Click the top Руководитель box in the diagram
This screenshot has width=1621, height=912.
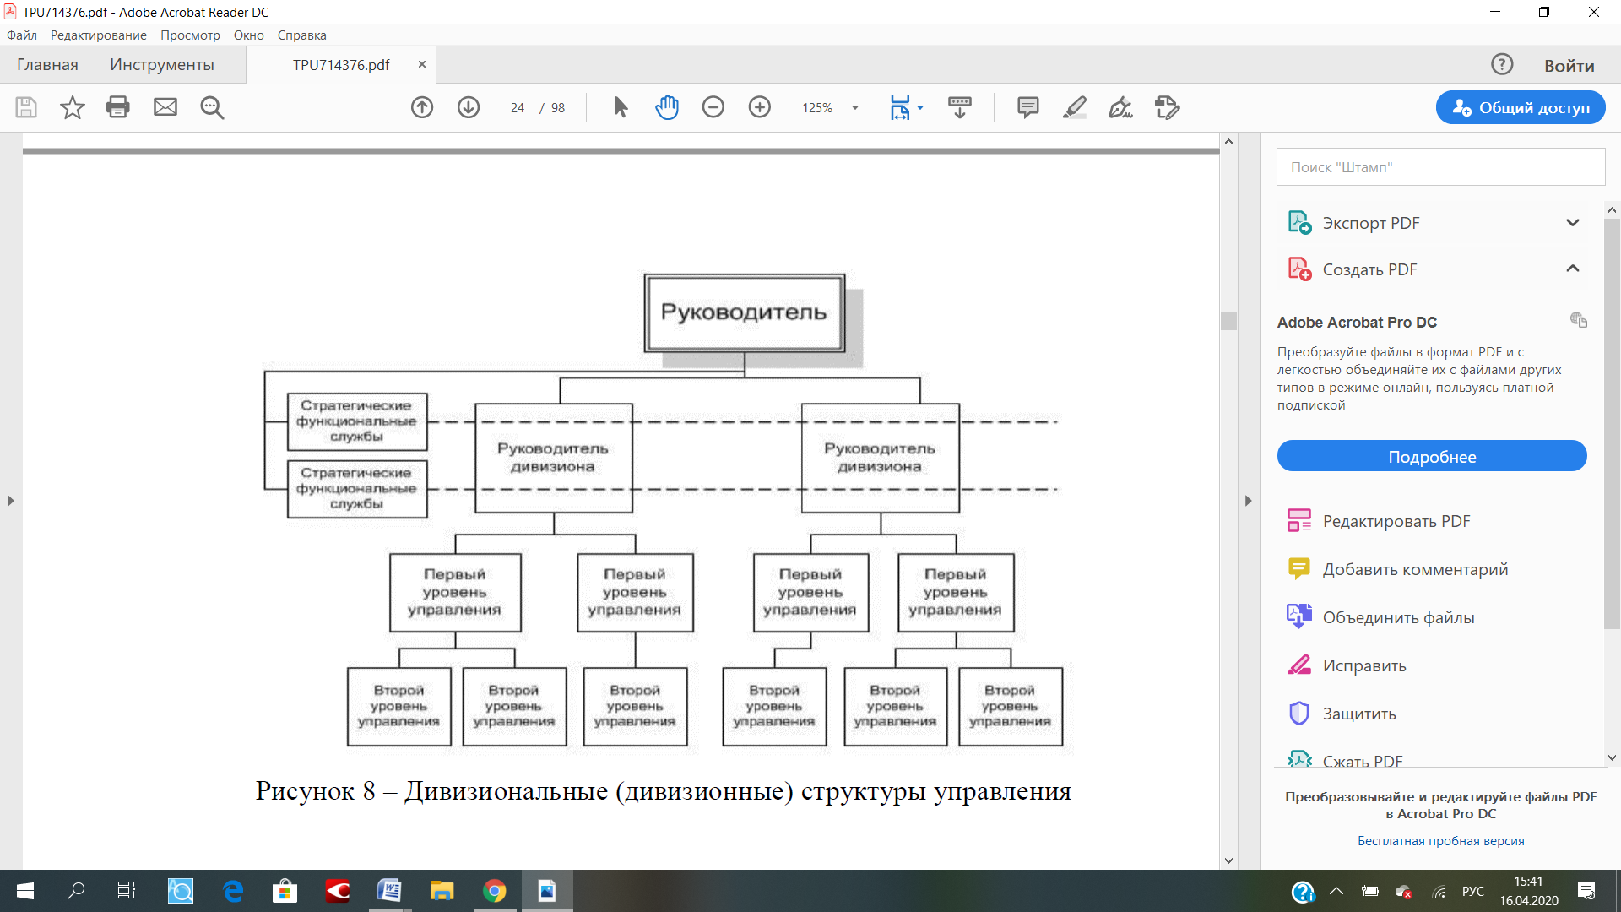744,312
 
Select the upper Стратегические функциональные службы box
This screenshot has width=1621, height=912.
357,421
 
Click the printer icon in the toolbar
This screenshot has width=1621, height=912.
118,107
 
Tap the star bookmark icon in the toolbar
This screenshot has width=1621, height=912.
73,107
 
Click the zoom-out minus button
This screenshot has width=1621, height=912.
713,107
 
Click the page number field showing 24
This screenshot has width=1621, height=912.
517,108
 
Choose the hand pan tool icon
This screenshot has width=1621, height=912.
667,107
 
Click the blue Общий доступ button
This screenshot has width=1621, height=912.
1521,107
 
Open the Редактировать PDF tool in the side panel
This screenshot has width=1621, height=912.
1396,521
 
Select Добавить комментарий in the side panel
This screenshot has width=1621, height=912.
1415,569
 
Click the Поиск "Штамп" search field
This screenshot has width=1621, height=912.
1440,167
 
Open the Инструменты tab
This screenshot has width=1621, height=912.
162,65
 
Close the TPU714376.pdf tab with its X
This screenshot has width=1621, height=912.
422,65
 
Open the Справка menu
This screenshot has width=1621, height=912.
301,35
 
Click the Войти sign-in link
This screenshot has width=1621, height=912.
1569,66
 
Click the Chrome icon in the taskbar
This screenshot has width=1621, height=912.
495,891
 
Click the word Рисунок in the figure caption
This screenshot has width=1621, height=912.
305,791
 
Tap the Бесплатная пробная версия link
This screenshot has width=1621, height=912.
1440,841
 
